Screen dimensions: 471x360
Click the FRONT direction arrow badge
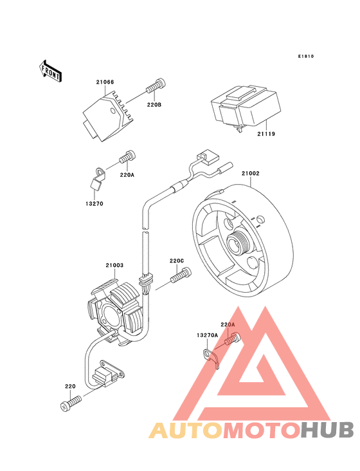pyautogui.click(x=51, y=71)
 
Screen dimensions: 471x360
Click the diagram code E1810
pyautogui.click(x=305, y=57)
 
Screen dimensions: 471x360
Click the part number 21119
pyautogui.click(x=267, y=134)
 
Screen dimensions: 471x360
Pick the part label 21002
pyautogui.click(x=251, y=173)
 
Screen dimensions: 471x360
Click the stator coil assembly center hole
pyautogui.click(x=107, y=315)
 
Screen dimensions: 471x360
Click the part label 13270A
pyautogui.click(x=208, y=335)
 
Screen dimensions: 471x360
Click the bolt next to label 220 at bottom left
pyautogui.click(x=71, y=403)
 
